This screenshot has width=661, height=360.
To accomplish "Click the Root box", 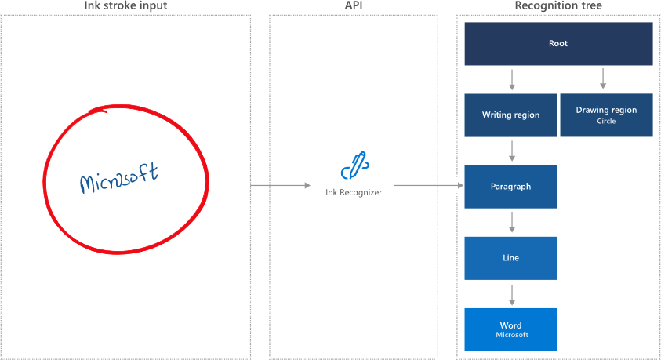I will pos(558,44).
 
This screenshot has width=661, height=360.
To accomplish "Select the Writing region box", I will pos(510,115).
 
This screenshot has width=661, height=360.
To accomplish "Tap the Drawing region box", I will pos(606,115).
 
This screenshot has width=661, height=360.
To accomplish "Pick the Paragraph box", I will pos(510,187).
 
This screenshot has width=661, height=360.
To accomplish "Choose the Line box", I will pos(510,258).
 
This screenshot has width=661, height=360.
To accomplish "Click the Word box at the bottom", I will pos(510,329).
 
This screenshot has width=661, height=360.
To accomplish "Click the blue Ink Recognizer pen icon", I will pos(354,167).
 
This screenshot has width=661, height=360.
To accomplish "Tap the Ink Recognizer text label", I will pos(354,191).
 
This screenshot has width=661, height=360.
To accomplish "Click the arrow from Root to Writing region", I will pos(511,79).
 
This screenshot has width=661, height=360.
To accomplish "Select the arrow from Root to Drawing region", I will pos(602,79).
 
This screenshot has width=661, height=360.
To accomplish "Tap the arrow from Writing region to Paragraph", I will pos(511,151).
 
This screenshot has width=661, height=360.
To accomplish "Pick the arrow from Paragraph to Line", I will pos(511,222).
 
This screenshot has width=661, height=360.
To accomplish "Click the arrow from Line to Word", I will pos(511,293).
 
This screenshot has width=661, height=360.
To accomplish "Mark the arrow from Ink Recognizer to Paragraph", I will pos(428,186).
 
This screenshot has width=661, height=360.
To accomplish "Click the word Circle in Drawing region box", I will pos(606,122).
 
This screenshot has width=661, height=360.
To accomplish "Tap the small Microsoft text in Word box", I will pos(512,335).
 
